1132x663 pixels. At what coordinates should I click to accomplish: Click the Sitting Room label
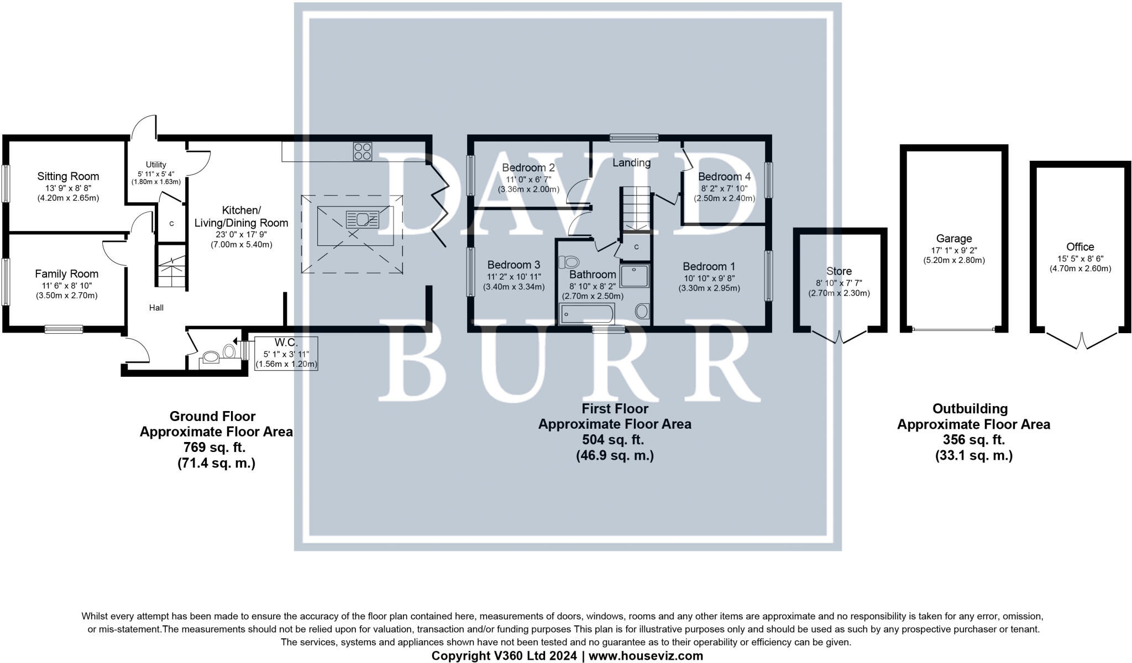click(x=68, y=176)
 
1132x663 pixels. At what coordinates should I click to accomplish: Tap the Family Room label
click(x=66, y=273)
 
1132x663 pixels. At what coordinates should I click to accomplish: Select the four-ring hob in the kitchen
click(x=363, y=151)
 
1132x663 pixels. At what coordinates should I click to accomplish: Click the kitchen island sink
click(x=362, y=219)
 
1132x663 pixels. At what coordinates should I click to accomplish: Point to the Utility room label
click(x=156, y=165)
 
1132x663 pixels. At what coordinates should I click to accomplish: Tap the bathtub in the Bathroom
click(x=586, y=314)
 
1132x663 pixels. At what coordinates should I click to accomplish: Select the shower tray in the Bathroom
click(x=634, y=276)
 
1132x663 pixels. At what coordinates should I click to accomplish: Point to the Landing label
click(x=631, y=162)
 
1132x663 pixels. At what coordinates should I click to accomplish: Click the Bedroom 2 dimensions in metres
click(x=528, y=190)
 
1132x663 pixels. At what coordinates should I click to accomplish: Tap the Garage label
click(x=953, y=239)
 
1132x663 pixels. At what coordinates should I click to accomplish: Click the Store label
click(x=838, y=271)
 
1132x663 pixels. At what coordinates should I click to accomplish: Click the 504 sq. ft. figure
click(x=614, y=440)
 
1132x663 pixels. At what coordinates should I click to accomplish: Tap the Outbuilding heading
click(x=970, y=409)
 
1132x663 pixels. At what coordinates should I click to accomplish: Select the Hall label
click(x=156, y=308)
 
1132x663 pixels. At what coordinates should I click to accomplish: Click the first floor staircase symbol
click(x=638, y=208)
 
